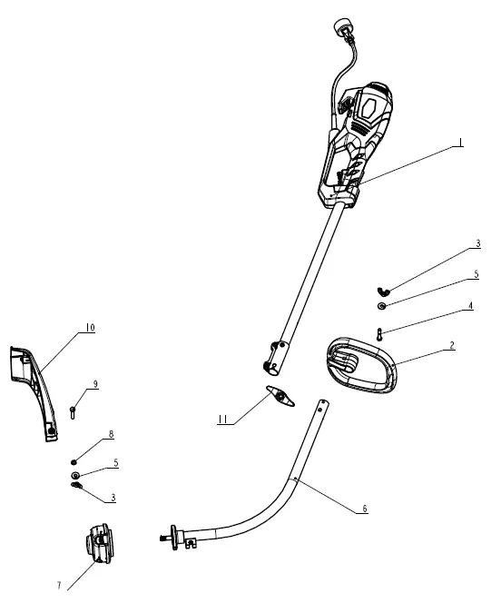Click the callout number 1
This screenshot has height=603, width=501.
click(461, 143)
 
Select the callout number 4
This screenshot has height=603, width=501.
click(470, 306)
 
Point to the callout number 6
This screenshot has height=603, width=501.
click(365, 509)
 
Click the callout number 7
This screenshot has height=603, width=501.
click(59, 586)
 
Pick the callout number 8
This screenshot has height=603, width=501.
click(111, 435)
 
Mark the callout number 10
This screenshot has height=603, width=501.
click(90, 327)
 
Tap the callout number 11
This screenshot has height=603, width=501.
click(222, 420)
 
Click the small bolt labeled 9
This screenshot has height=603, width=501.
click(74, 412)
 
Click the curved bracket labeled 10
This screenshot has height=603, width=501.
click(30, 386)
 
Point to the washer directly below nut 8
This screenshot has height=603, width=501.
click(74, 475)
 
